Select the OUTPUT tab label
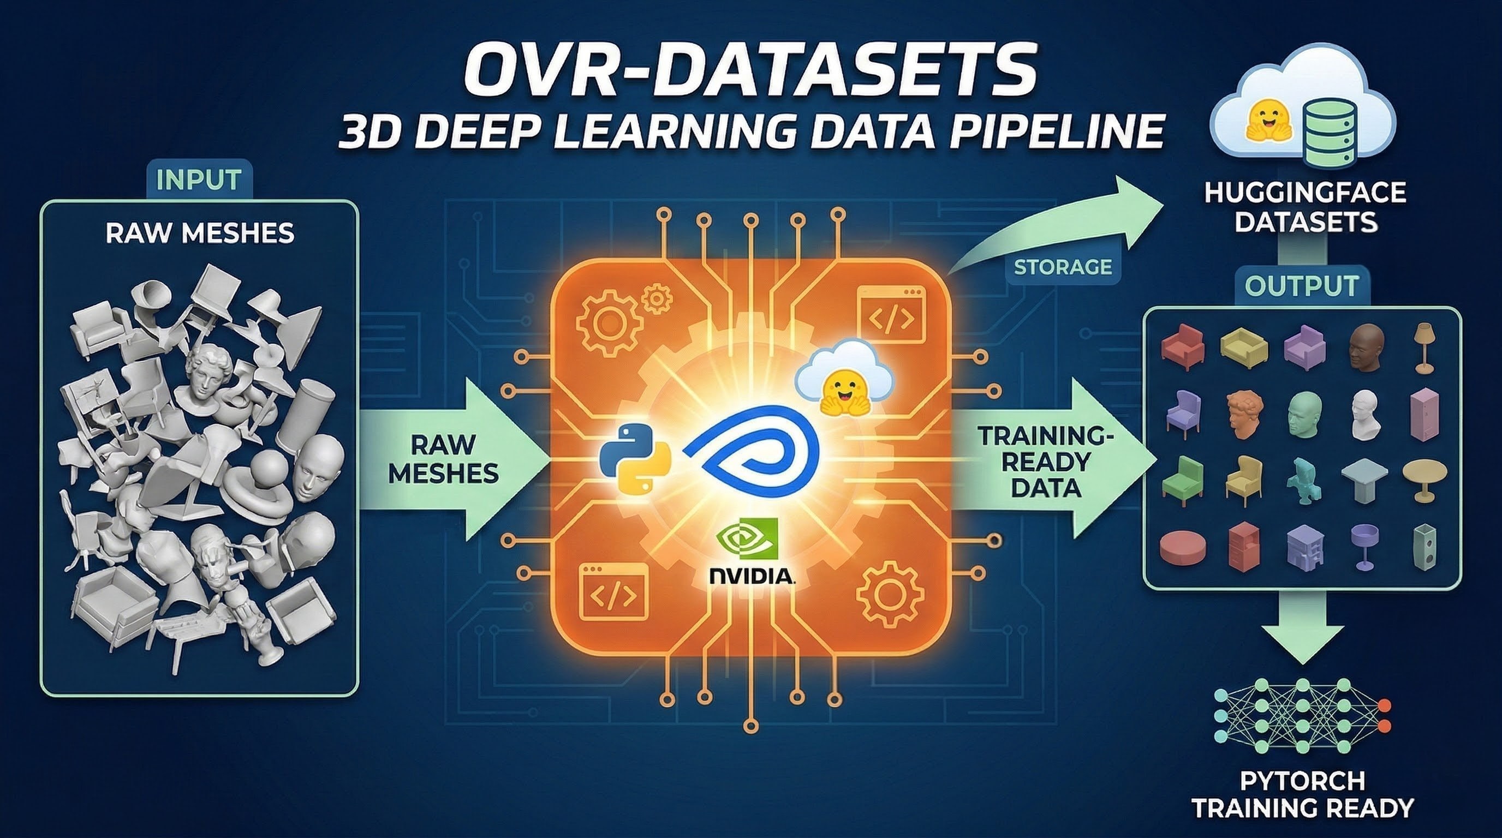click(x=1301, y=285)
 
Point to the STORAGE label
click(x=1062, y=267)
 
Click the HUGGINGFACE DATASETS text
click(x=1305, y=207)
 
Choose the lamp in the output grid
click(x=1423, y=349)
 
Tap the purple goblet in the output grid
click(x=1363, y=546)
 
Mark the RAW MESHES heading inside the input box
click(x=200, y=233)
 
